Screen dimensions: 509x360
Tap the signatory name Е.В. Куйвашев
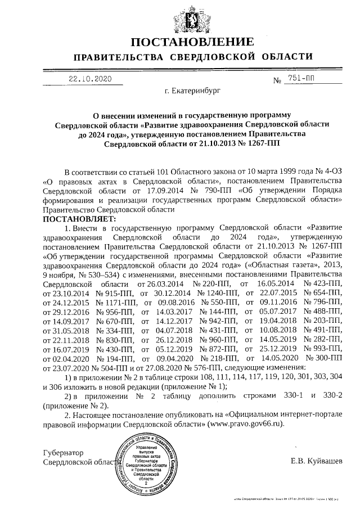click(316, 461)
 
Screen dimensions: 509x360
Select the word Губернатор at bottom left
click(63, 452)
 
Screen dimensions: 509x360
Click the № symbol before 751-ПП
click(277, 80)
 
